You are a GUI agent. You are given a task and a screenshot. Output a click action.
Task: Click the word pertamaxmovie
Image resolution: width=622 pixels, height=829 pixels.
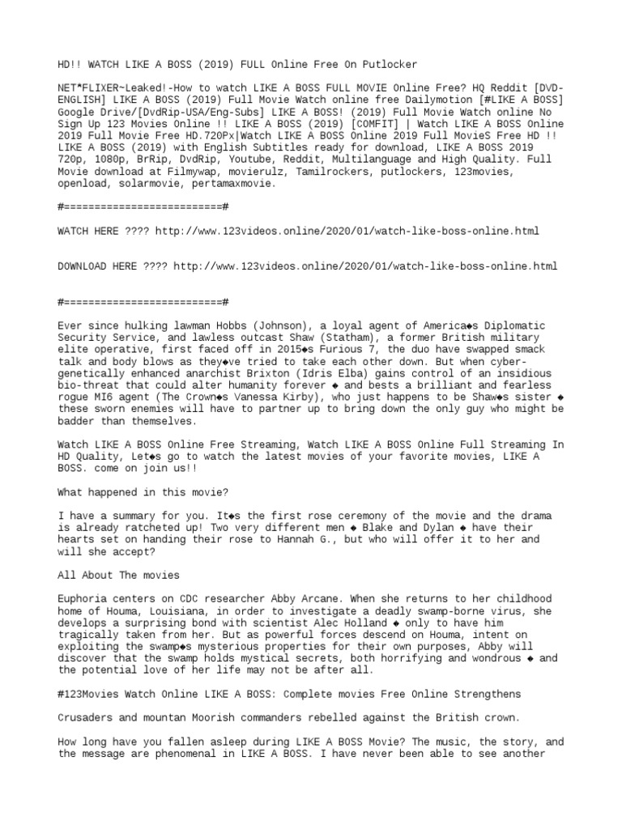point(236,183)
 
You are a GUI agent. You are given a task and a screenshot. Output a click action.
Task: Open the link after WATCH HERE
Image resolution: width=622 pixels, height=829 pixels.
point(347,231)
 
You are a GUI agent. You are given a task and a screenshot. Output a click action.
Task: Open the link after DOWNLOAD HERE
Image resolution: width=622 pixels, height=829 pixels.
point(365,266)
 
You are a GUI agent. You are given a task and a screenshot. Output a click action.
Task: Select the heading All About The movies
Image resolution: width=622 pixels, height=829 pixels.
point(118,575)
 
